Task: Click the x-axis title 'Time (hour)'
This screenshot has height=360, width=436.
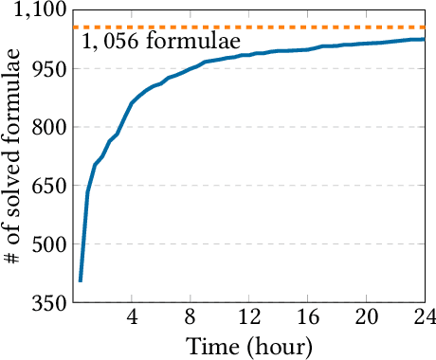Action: (x=248, y=345)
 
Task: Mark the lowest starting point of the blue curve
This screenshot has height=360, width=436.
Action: (x=81, y=280)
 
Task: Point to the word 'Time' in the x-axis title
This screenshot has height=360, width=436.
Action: (x=210, y=345)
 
